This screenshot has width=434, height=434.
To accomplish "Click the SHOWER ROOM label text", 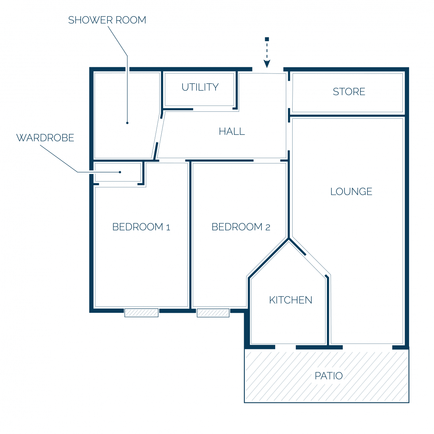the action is [107, 20].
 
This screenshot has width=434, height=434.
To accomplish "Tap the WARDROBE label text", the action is [45, 137].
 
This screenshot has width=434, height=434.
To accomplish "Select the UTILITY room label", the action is [200, 87].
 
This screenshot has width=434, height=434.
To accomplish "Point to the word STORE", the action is [349, 92].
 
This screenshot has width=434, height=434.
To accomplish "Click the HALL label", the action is [232, 131].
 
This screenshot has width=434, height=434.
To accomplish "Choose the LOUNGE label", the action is [351, 191].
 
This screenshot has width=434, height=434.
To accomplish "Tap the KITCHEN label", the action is [290, 300].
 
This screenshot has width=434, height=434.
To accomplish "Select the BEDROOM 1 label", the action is [141, 227].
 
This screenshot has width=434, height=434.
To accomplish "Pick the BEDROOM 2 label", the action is [241, 227].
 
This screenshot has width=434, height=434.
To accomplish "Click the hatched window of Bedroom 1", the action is [141, 312].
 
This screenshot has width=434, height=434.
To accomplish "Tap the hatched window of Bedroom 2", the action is [213, 313].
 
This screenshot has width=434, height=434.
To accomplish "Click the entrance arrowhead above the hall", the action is [267, 64].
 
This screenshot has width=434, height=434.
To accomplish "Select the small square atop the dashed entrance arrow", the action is [267, 39].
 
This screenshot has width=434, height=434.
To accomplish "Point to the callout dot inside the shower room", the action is [127, 123].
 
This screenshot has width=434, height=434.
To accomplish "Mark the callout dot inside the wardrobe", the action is [120, 172].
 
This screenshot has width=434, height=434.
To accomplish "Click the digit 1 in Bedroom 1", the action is [168, 227].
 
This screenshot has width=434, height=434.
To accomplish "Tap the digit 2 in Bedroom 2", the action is [268, 227].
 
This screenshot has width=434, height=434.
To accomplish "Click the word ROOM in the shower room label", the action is [131, 20].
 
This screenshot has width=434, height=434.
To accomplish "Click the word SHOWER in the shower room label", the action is [90, 20].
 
